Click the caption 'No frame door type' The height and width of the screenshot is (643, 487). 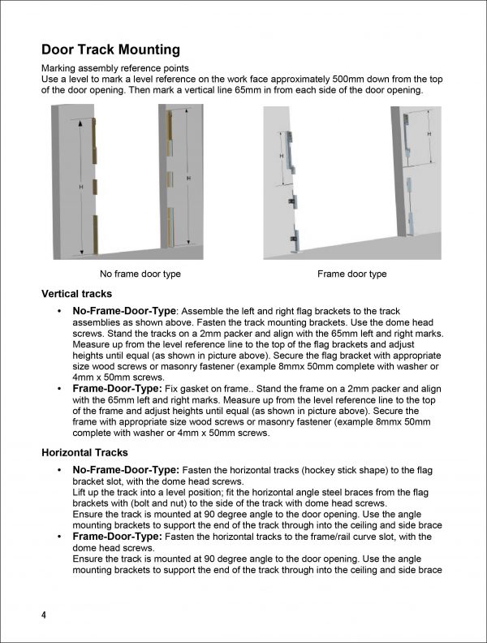pyautogui.click(x=140, y=274)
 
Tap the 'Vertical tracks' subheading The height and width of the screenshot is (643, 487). pyautogui.click(x=76, y=294)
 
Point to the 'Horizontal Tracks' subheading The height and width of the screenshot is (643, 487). pyautogui.click(x=83, y=452)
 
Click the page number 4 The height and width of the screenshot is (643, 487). pyautogui.click(x=44, y=615)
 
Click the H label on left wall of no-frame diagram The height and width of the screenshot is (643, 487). pyautogui.click(x=80, y=187)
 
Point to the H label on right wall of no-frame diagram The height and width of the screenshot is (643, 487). pyautogui.click(x=189, y=178)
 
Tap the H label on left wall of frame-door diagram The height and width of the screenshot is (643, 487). pyautogui.click(x=281, y=156)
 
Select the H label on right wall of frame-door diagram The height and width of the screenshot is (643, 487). pyautogui.click(x=428, y=133)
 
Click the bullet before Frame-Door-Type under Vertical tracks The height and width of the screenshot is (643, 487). pyautogui.click(x=59, y=390)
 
